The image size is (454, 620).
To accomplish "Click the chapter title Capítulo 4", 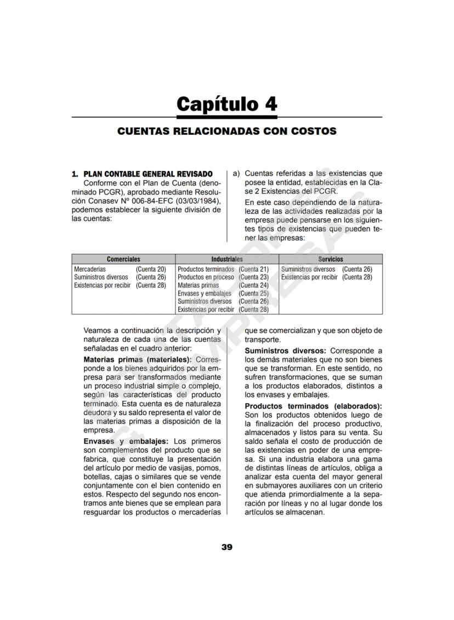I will [227, 104].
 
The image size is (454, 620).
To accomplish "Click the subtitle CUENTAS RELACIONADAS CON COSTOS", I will [227, 131].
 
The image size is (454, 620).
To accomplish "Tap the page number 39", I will [227, 547].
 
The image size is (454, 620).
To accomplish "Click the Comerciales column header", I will [123, 259].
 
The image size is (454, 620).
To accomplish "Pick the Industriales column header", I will [227, 259].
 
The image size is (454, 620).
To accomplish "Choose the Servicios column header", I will [331, 259].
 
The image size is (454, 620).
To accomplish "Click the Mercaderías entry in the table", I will [90, 269].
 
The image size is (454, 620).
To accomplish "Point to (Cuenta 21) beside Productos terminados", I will [253, 269].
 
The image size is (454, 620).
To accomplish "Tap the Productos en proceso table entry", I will [206, 277].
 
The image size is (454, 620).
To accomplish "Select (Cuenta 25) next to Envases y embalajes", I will [253, 294].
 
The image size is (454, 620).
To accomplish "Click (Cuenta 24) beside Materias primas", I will [253, 285].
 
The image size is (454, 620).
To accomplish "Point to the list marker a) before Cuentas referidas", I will [236, 174].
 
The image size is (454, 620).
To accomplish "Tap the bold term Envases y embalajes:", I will [126, 441].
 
